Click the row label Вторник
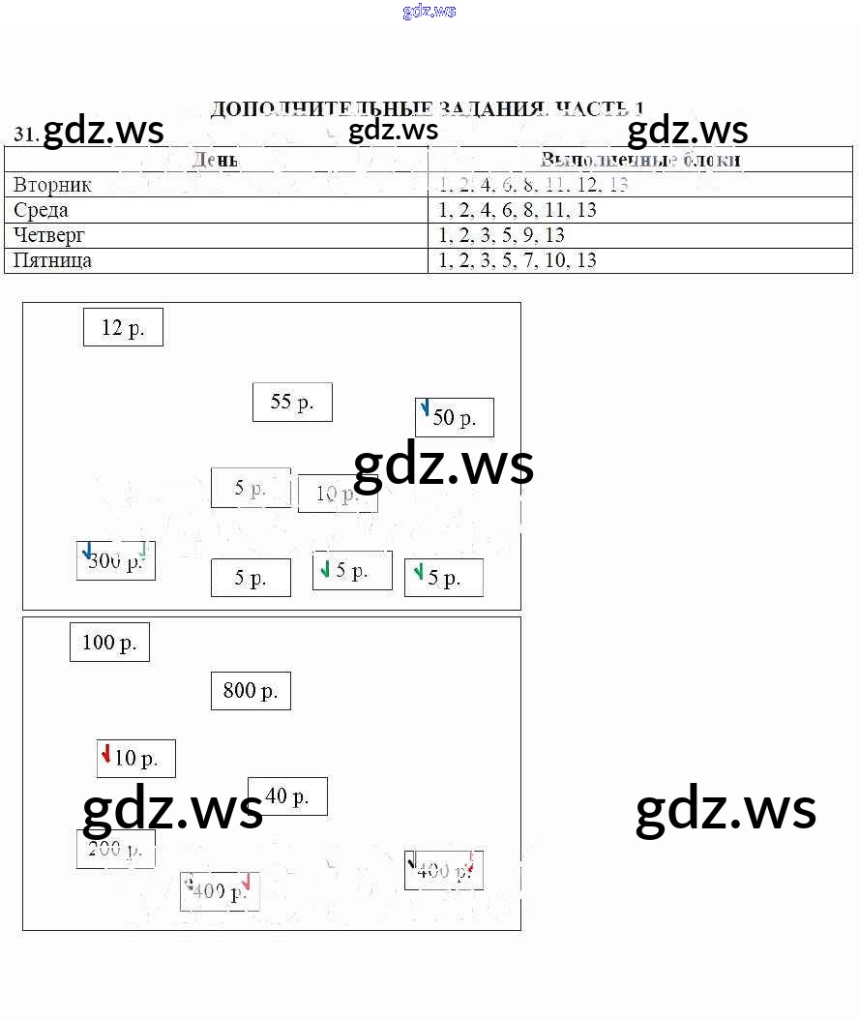52,185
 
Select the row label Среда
41,210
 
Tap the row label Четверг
49,235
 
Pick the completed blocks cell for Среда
518,210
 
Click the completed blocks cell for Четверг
501,235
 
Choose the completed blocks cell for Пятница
518,260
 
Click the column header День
215,160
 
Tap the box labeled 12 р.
123,328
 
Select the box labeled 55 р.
292,403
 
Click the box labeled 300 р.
115,561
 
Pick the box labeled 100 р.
109,643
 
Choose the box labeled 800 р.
251,691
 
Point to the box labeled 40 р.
287,796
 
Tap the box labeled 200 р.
115,850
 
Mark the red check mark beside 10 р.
105,753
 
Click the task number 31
25,135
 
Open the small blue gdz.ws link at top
429,12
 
